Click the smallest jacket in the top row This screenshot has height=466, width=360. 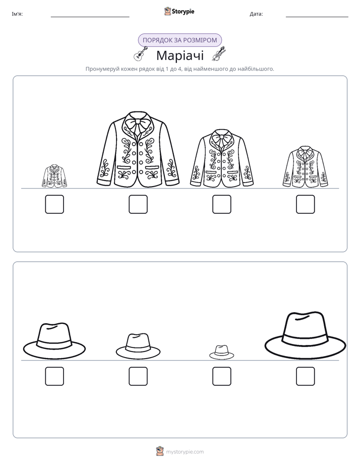click(54, 176)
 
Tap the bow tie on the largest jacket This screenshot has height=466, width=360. click(138, 125)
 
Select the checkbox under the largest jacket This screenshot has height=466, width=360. click(138, 204)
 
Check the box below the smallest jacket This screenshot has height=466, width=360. click(54, 204)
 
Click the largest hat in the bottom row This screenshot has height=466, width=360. click(306, 335)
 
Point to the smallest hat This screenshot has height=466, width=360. click(221, 352)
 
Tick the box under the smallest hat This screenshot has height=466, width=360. click(221, 376)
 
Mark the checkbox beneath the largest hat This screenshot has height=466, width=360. click(306, 376)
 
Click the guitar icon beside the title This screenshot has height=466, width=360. click(141, 53)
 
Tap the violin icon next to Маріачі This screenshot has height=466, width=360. click(219, 54)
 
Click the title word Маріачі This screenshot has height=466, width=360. click(180, 55)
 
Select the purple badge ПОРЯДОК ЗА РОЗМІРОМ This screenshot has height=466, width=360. click(179, 40)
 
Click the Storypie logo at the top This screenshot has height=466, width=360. click(179, 11)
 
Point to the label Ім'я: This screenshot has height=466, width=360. click(17, 14)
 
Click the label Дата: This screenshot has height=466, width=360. click(256, 14)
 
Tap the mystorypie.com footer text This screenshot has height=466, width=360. click(185, 452)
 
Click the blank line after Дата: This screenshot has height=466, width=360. click(317, 17)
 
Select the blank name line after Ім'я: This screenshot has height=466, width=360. click(90, 17)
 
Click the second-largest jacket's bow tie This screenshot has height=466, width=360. click(221, 139)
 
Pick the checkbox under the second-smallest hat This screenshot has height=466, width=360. click(138, 376)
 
